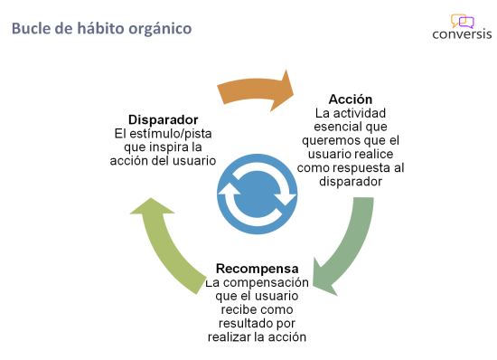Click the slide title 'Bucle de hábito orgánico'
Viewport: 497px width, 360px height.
[x=101, y=29]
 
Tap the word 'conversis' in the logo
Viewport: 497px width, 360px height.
[x=462, y=36]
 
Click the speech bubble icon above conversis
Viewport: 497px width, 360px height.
[x=462, y=21]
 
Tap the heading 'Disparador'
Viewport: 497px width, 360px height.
[x=163, y=118]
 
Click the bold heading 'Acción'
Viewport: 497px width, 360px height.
[x=351, y=99]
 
